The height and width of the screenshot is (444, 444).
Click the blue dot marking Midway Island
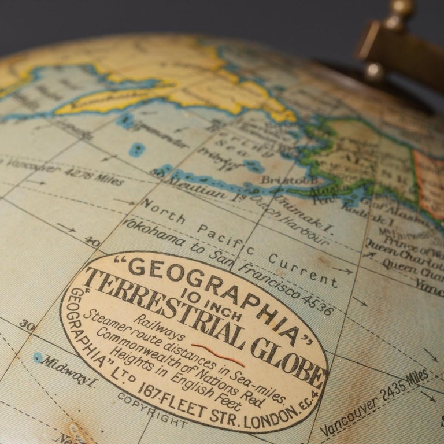click(38, 357)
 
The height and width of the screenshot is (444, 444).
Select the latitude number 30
click(27, 325)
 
